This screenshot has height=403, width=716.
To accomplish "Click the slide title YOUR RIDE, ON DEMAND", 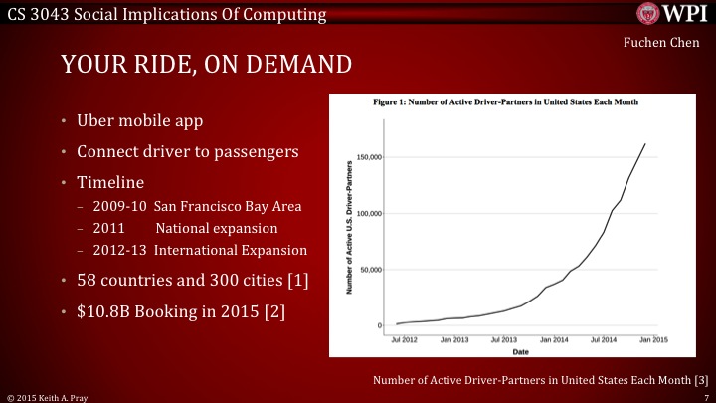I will (206, 66).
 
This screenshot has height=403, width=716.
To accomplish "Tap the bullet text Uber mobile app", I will (142, 122).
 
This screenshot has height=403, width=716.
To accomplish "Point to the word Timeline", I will (110, 184).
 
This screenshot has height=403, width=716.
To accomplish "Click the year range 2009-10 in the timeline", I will (118, 207).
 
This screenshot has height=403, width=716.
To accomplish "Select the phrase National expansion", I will (232, 228).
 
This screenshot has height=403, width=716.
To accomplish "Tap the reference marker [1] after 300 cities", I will (297, 282).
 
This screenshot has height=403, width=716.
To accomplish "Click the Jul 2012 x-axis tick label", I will (404, 339).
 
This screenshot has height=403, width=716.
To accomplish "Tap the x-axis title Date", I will (520, 351).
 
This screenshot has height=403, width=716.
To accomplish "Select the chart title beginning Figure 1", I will (504, 101).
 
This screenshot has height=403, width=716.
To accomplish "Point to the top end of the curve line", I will (644, 144).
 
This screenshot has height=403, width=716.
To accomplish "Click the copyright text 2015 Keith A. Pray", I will (53, 396).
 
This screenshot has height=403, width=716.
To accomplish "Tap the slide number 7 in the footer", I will (704, 396).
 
